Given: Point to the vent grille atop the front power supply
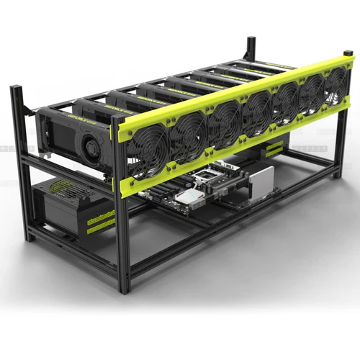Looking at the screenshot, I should click(61, 189).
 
